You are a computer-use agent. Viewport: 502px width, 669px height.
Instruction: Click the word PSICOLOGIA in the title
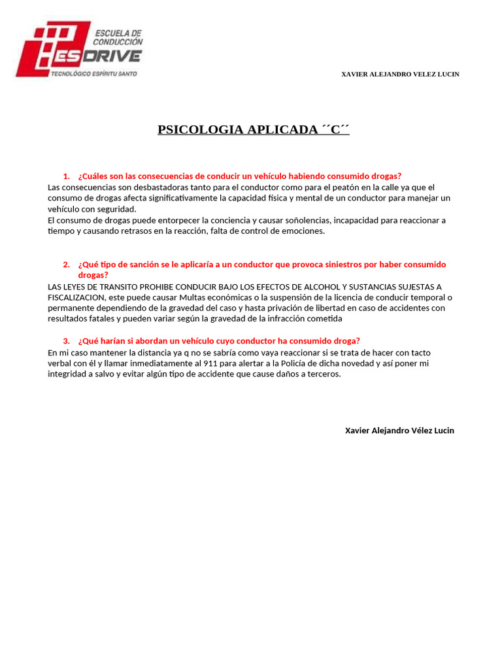(200, 129)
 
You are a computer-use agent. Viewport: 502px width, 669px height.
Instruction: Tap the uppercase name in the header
(400, 74)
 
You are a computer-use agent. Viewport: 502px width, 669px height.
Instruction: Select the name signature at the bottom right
(399, 431)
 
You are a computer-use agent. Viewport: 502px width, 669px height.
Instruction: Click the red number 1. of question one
(67, 176)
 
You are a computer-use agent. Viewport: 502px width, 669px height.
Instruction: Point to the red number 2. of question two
(67, 265)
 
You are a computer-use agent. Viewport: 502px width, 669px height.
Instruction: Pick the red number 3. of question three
(67, 341)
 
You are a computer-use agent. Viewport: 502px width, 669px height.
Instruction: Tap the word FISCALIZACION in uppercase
(76, 297)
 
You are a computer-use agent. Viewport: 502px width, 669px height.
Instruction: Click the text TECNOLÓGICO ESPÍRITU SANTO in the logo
(94, 74)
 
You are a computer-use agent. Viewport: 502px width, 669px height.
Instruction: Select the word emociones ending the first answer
(302, 231)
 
